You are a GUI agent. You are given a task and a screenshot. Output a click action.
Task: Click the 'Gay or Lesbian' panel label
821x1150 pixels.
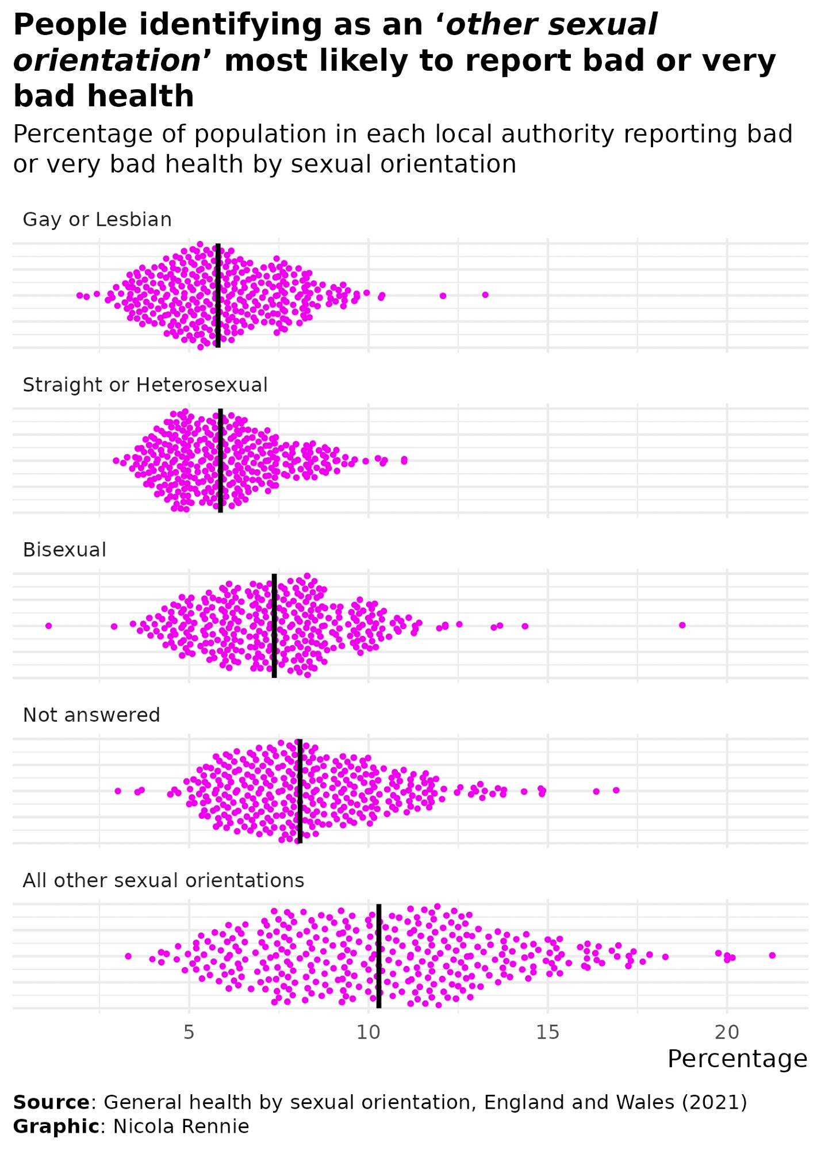click(x=97, y=220)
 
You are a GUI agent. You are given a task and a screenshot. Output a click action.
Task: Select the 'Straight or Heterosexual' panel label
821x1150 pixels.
click(x=145, y=385)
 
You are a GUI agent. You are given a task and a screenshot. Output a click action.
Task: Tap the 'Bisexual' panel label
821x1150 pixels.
click(x=64, y=550)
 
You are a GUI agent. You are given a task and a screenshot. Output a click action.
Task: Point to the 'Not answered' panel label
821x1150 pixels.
click(x=91, y=715)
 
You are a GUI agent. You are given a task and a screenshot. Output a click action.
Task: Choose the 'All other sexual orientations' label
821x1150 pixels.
click(x=163, y=881)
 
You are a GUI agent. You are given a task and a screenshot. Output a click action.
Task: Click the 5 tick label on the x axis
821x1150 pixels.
click(x=189, y=1033)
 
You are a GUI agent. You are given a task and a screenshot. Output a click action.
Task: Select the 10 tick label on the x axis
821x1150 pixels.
click(x=369, y=1033)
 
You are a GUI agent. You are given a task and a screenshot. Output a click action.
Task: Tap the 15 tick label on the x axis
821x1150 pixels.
click(x=548, y=1033)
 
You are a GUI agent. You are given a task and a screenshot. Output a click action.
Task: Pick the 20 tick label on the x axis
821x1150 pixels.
click(x=727, y=1033)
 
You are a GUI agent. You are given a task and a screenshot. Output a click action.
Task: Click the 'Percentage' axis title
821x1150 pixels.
click(x=738, y=1059)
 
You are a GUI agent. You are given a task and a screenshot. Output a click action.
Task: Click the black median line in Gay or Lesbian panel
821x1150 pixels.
click(x=218, y=295)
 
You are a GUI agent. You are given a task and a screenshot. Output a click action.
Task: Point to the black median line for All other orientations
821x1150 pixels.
click(x=379, y=956)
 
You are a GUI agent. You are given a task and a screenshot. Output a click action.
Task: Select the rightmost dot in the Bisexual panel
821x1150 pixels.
click(x=682, y=625)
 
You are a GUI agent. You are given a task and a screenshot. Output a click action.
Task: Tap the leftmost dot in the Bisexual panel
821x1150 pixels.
click(x=49, y=626)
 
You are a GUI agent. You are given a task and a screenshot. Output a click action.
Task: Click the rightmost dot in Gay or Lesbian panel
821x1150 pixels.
click(x=485, y=295)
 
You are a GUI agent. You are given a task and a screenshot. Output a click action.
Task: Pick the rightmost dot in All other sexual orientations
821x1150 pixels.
click(x=772, y=955)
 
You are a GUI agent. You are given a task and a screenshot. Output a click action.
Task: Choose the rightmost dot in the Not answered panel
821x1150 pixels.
click(x=616, y=790)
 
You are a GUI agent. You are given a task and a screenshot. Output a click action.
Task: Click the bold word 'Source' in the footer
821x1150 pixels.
click(x=51, y=1102)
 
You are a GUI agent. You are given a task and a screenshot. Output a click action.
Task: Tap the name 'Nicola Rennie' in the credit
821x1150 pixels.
click(x=181, y=1126)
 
